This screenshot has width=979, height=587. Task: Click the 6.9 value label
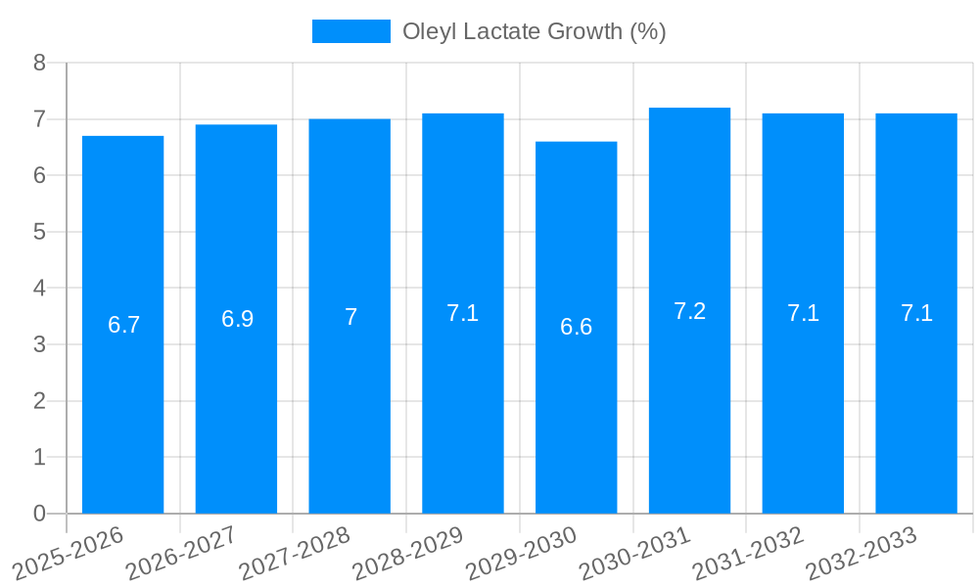(237, 319)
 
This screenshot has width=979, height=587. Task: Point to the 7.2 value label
(689, 311)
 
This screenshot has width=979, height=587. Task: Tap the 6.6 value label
(576, 327)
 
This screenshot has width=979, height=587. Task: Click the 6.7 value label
(123, 325)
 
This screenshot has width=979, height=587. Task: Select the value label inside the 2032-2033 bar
(916, 313)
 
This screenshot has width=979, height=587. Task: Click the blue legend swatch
(350, 31)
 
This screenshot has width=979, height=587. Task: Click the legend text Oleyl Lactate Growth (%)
(534, 31)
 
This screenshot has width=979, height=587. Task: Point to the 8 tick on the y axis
(39, 63)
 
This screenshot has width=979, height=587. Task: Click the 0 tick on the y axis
(39, 514)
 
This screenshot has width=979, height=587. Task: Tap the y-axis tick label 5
(39, 232)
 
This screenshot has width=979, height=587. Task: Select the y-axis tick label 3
(39, 344)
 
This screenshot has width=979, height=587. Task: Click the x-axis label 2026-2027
(182, 552)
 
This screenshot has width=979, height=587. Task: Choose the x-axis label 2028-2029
(408, 552)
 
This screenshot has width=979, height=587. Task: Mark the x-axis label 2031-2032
(749, 552)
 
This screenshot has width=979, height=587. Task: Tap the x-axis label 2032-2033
(862, 552)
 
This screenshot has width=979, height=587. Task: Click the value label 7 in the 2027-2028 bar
(350, 317)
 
